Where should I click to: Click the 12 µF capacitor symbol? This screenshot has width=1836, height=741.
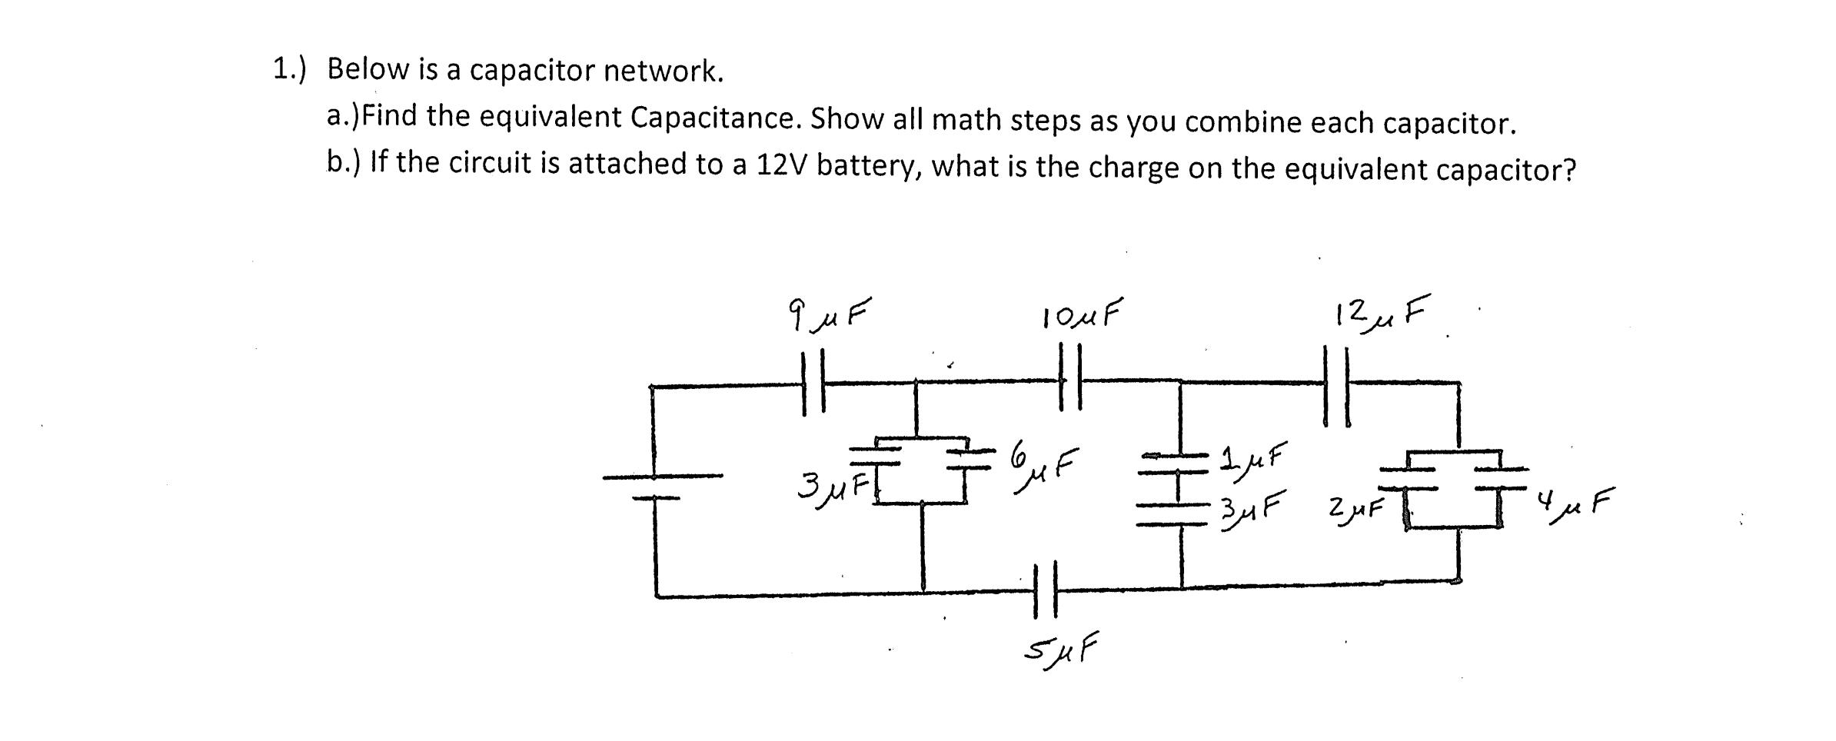pyautogui.click(x=1336, y=384)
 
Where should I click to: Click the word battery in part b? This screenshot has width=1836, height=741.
pyautogui.click(x=869, y=166)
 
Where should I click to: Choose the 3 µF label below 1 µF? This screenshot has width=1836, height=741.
pyautogui.click(x=1254, y=507)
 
